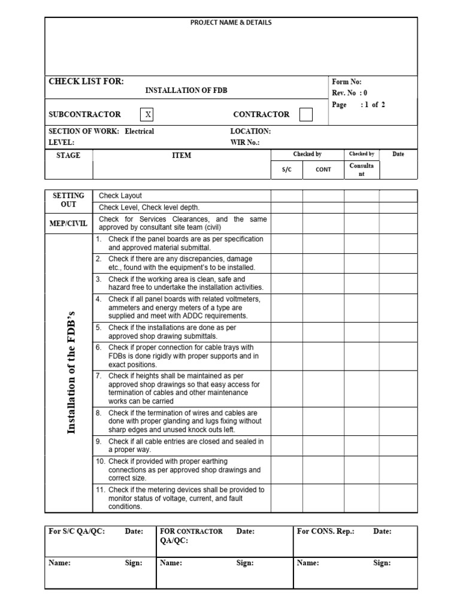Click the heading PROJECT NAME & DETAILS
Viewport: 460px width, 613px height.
pos(231,23)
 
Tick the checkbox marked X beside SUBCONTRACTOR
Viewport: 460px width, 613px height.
pos(148,114)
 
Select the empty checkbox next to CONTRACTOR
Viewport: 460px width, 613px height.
pos(305,114)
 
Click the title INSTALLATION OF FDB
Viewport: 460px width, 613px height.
pos(186,90)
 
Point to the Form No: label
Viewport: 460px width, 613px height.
pos(347,82)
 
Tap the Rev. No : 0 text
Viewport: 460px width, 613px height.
pos(350,93)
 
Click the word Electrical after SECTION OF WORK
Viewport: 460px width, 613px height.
pos(140,131)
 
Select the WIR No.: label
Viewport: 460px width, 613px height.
pos(245,142)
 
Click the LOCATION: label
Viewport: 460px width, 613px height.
pos(250,131)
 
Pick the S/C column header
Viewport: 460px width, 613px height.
pos(286,169)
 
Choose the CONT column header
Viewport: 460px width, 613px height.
pos(323,169)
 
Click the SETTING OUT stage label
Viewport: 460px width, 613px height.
pos(68,200)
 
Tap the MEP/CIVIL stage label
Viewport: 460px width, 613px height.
pos(68,223)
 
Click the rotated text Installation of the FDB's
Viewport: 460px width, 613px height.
pos(72,373)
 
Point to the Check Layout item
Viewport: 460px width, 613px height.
pos(120,196)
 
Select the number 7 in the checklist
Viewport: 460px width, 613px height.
pos(98,376)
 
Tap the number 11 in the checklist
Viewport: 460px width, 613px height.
pos(100,490)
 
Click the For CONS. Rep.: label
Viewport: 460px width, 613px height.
pos(326,532)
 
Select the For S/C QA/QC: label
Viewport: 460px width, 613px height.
pos(77,532)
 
